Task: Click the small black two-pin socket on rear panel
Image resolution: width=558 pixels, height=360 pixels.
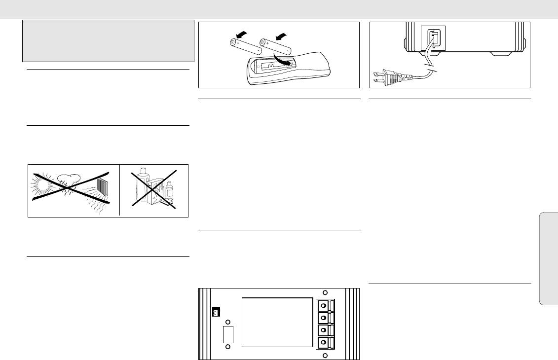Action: point(215,312)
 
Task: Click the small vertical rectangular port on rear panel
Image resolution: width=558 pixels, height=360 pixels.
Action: point(227,335)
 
